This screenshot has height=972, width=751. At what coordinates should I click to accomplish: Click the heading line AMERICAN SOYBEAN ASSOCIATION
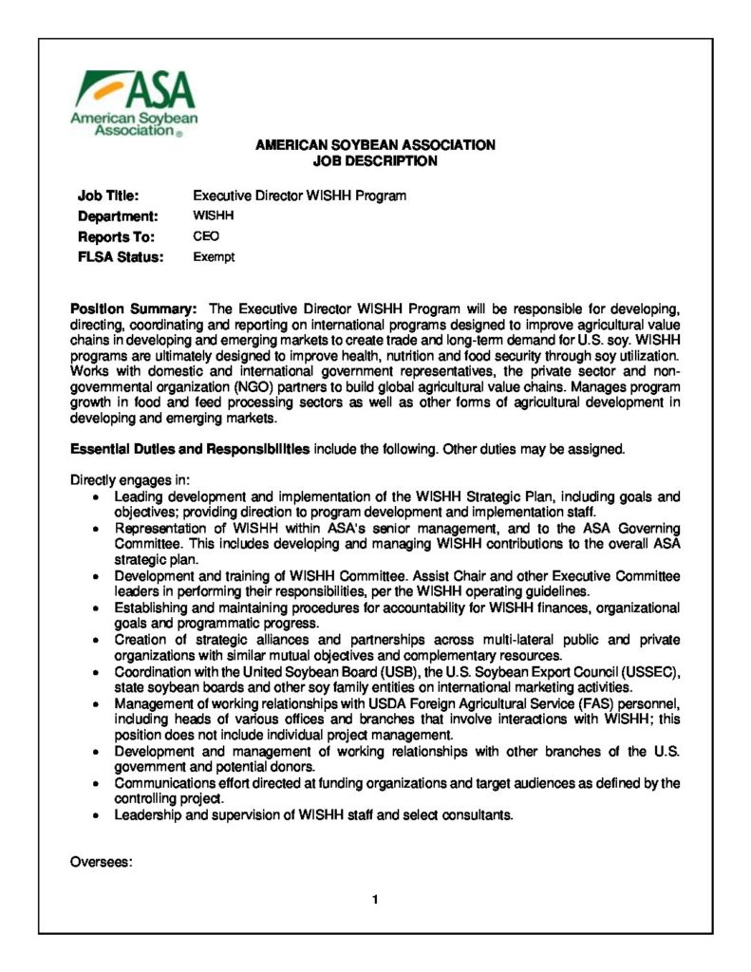click(375, 146)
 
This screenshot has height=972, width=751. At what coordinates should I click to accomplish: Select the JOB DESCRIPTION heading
click(375, 161)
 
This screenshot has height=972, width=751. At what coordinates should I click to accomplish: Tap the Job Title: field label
click(108, 196)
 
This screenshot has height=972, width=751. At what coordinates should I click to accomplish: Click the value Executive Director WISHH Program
click(299, 196)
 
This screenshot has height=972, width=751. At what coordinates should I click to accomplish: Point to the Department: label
click(117, 216)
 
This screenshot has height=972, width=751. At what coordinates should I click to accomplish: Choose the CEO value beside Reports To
click(206, 236)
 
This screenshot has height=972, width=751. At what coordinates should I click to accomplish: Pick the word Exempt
click(214, 256)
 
